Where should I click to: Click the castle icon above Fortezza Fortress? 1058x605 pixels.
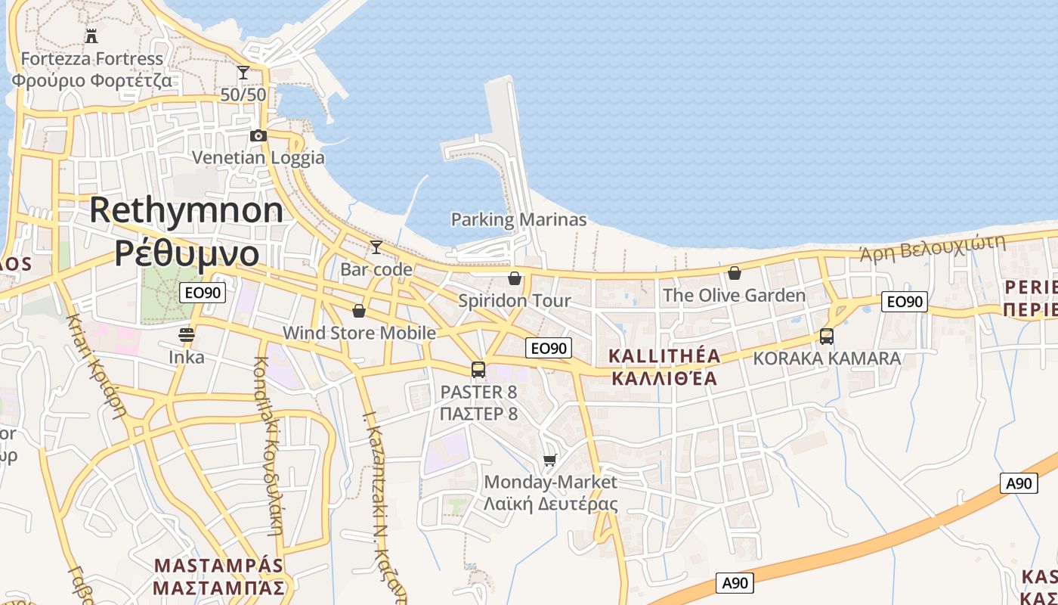coord(91,36)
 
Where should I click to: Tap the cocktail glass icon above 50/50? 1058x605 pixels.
coord(243,73)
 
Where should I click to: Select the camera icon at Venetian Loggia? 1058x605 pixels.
coord(258,135)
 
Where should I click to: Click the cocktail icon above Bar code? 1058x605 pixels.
coord(376,247)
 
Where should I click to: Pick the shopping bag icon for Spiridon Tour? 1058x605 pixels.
coord(515,278)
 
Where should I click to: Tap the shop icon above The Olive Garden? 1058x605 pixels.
coord(734,273)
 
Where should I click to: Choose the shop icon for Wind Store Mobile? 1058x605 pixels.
coord(359,311)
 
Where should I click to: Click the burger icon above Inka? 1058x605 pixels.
coord(187,334)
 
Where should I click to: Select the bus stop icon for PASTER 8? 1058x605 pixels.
coord(478,370)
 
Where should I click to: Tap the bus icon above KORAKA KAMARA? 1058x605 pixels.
coord(827,337)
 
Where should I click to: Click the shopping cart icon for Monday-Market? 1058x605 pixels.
coord(550,460)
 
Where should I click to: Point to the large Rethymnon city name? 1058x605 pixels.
coord(187,210)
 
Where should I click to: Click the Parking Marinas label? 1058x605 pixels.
coord(518,220)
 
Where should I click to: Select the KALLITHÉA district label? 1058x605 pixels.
coord(664,356)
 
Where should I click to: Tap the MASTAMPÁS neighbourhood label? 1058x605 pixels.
coord(219,566)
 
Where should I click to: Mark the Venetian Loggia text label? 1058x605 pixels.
coord(258,157)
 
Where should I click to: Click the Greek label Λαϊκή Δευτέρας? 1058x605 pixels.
coord(551,504)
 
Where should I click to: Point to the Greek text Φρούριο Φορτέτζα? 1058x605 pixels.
coord(91,80)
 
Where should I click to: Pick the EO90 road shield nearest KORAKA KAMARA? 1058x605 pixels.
coord(905,302)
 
